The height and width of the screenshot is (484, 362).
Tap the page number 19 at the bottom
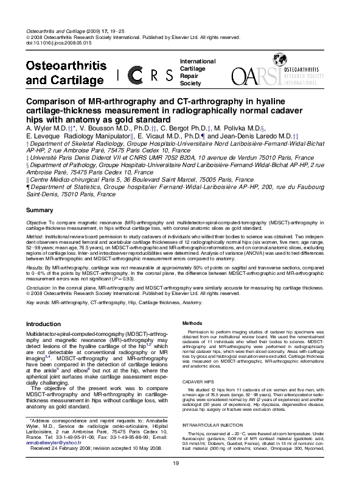(x=176, y=464)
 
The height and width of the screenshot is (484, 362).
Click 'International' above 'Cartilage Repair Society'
(x=197, y=62)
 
